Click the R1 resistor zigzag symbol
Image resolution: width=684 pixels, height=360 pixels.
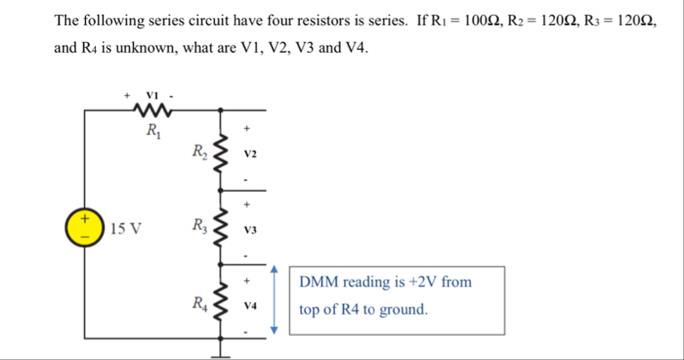click(154, 111)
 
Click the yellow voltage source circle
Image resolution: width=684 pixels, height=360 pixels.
click(84, 226)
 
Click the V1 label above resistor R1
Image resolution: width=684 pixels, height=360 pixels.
click(152, 94)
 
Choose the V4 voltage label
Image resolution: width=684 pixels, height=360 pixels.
click(251, 305)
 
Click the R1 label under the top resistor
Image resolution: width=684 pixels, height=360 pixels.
click(153, 130)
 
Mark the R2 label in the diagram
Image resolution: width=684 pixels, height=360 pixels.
click(199, 152)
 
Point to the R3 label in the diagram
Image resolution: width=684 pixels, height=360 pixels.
click(199, 224)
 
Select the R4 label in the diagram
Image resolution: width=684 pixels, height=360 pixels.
click(199, 300)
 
